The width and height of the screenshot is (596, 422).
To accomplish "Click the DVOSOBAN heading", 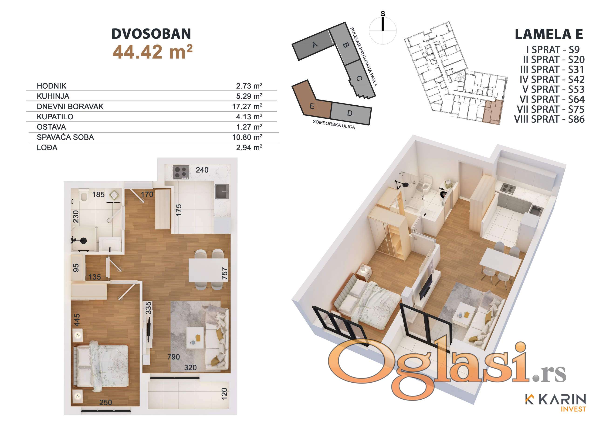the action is point(151,34).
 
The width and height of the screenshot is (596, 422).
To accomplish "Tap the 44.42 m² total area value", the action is point(153,52).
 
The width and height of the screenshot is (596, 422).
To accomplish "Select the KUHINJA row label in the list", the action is point(53,96).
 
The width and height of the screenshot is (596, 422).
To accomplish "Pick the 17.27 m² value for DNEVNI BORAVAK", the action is point(247,106).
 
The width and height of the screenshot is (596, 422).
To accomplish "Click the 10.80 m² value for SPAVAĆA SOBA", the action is point(247,137).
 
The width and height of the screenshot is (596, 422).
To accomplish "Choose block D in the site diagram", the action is point(350,113).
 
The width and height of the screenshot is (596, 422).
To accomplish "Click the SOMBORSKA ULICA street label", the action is point(334,124).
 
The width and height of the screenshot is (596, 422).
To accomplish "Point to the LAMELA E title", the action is point(549,34).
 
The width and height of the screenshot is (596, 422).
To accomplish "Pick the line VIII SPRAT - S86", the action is point(549,119).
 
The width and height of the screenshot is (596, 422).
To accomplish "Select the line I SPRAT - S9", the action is point(553,50).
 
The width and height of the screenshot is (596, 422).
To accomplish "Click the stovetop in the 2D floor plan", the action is point(181,172).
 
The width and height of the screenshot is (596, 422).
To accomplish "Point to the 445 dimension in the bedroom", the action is point(77,320).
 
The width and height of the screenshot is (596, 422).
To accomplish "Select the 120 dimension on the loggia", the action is point(224,394).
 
